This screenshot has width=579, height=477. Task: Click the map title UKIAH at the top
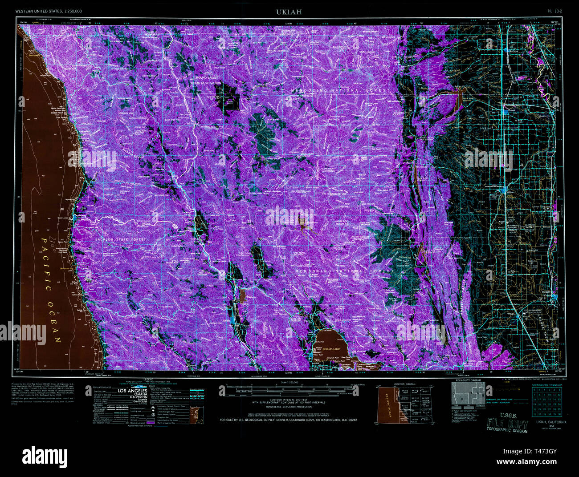click(x=289, y=12)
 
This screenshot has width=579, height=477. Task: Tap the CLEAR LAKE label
click(x=331, y=349)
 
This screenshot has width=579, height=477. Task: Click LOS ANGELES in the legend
click(x=132, y=391)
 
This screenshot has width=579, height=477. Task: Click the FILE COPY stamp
click(x=508, y=423)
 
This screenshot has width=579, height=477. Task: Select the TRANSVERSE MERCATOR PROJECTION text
click(x=288, y=407)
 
